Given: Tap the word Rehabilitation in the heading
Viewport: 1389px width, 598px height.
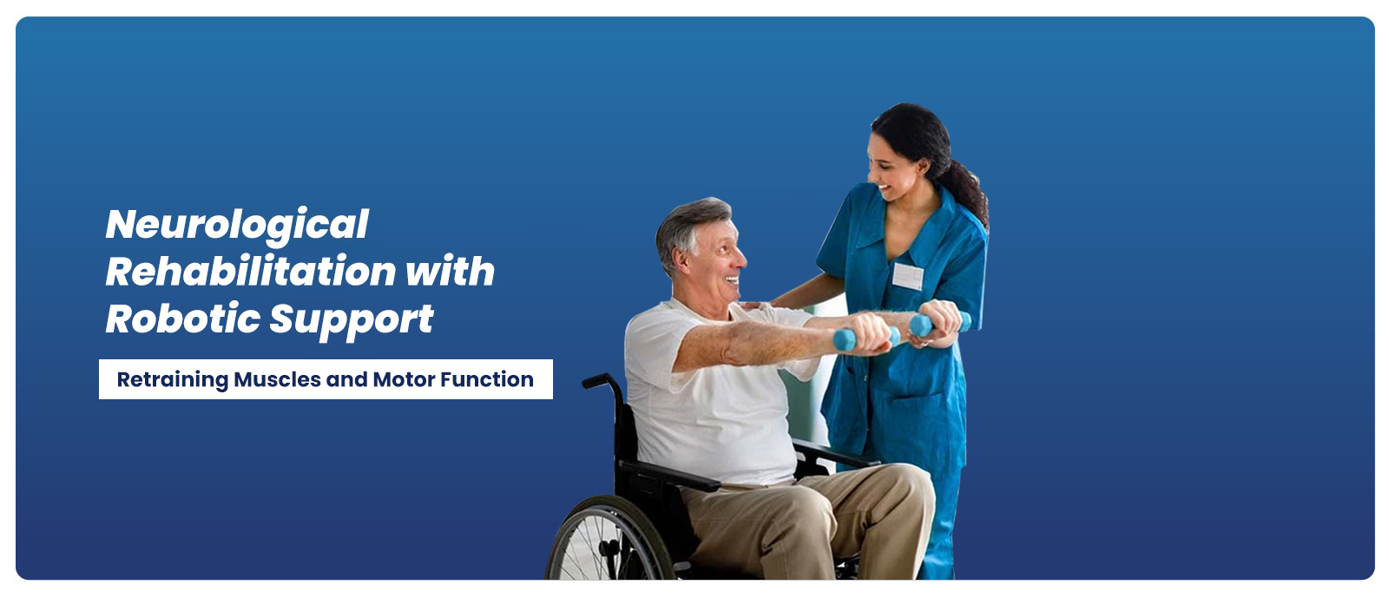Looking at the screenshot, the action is click(x=251, y=271).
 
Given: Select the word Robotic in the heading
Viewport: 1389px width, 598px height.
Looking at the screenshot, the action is click(x=183, y=319).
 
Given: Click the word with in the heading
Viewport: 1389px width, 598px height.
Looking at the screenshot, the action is click(x=451, y=271).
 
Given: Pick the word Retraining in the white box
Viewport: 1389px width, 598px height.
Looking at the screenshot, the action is click(x=173, y=380).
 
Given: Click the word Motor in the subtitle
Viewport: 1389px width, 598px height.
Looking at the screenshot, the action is click(x=404, y=379).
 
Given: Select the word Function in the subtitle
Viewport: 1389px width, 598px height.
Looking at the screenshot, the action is click(x=487, y=379).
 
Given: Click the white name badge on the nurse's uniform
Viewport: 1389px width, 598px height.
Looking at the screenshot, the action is click(x=908, y=276).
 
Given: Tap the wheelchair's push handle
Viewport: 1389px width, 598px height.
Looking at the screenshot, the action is click(x=596, y=381).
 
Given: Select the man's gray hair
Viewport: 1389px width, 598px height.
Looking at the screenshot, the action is click(x=688, y=227).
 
